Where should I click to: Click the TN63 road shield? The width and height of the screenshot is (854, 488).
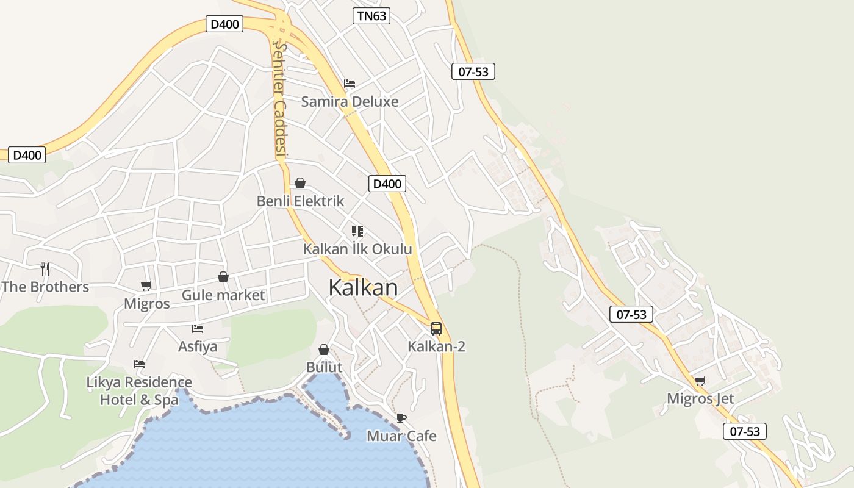[371, 16]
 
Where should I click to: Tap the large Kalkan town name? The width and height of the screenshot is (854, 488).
[363, 287]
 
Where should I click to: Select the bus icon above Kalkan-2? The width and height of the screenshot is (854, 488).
[436, 329]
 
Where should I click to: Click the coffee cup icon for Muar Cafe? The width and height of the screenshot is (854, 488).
[401, 418]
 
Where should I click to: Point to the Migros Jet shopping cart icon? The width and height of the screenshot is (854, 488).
[700, 381]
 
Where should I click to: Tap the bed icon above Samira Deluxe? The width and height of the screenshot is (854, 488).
[350, 84]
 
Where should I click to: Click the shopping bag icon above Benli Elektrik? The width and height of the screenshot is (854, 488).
[300, 183]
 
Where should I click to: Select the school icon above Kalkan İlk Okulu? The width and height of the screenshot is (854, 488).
[357, 231]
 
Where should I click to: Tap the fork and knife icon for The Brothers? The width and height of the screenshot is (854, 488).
[45, 268]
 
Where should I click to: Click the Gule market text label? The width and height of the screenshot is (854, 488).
[223, 295]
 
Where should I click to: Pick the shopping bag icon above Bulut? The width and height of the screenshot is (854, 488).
[324, 350]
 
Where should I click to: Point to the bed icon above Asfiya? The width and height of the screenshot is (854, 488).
[198, 329]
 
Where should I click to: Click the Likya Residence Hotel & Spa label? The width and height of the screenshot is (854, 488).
[139, 391]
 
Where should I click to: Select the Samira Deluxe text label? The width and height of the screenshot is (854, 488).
[350, 102]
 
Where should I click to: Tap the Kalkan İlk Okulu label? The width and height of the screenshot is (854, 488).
[357, 249]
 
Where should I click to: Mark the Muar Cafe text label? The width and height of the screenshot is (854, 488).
[401, 436]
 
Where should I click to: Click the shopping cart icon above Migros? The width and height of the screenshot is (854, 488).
[146, 285]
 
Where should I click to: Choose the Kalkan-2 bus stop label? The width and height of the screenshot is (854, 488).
[436, 347]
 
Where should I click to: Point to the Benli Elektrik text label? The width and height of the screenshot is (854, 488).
[300, 201]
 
